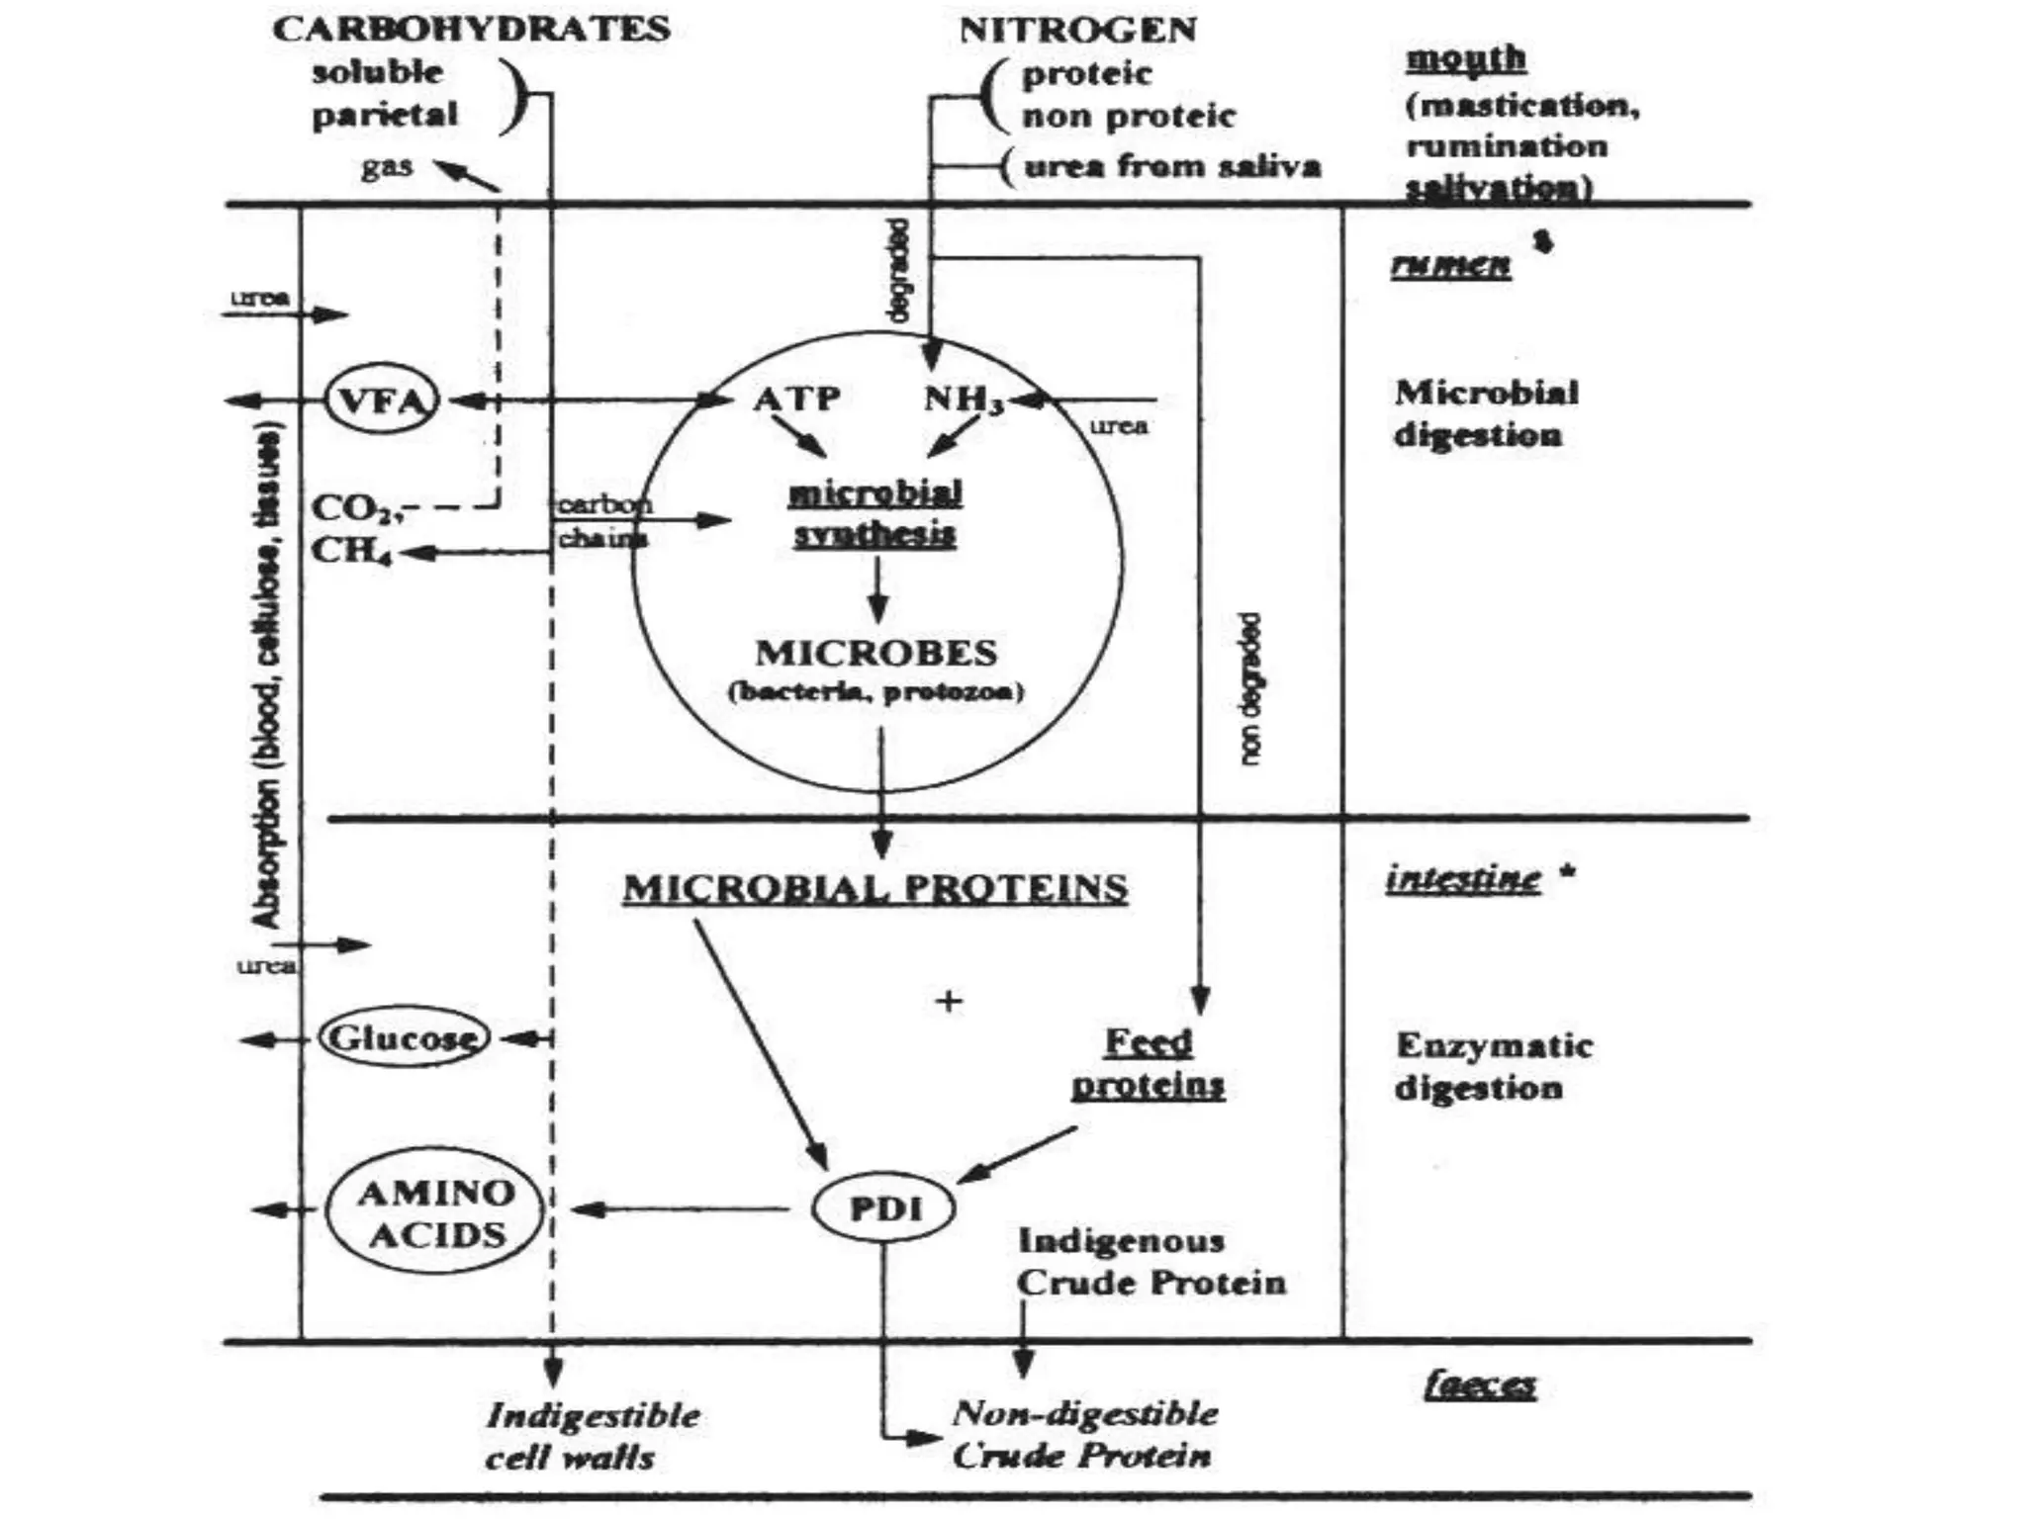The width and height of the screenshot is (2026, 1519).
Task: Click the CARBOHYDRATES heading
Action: point(471,29)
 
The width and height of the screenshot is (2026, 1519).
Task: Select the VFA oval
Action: point(381,401)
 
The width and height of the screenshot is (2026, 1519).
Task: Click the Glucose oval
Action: point(405,1038)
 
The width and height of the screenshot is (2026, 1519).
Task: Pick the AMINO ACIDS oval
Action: point(435,1212)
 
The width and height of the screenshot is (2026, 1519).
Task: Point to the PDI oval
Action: point(884,1208)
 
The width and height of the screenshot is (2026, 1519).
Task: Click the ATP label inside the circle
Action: point(796,398)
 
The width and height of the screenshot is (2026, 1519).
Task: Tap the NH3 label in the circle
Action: point(963,400)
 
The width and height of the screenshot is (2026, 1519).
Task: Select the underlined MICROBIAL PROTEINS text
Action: point(875,888)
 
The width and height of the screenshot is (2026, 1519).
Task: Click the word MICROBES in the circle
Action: point(876,653)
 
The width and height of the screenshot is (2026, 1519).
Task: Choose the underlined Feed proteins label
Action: point(1149,1063)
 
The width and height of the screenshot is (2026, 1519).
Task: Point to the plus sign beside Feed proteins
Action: point(949,1002)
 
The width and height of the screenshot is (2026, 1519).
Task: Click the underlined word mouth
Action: point(1466,57)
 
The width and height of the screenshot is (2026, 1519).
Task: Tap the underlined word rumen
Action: point(1451,264)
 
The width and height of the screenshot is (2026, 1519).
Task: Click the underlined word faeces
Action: point(1480,1385)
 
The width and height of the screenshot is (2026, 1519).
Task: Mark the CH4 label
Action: point(351,550)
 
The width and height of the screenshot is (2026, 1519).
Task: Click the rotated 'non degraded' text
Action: point(1251,688)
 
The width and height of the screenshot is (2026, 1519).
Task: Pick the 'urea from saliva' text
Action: point(1171,165)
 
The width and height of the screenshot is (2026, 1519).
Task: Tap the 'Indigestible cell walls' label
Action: point(593,1435)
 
